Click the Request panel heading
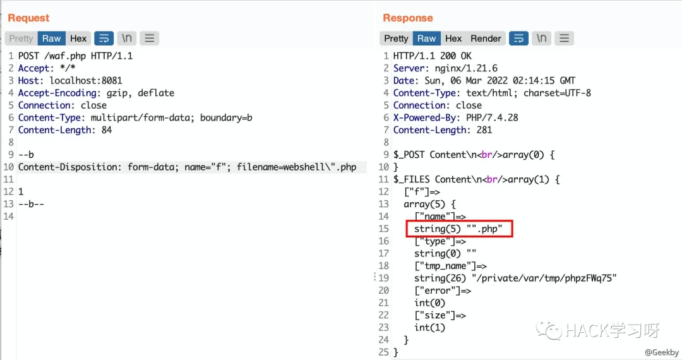click(x=28, y=18)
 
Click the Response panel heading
click(x=407, y=18)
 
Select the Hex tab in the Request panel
click(x=78, y=39)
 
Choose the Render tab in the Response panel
click(x=486, y=39)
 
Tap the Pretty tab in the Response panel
click(x=396, y=39)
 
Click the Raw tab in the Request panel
click(x=51, y=39)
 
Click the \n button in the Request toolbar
click(x=126, y=39)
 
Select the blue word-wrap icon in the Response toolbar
click(x=518, y=39)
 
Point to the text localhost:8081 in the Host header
click(x=86, y=80)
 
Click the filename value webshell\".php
click(x=320, y=167)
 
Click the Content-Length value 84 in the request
click(x=107, y=130)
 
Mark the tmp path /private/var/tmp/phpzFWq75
click(x=544, y=279)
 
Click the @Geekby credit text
click(x=662, y=352)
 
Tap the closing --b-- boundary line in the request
click(x=31, y=204)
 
